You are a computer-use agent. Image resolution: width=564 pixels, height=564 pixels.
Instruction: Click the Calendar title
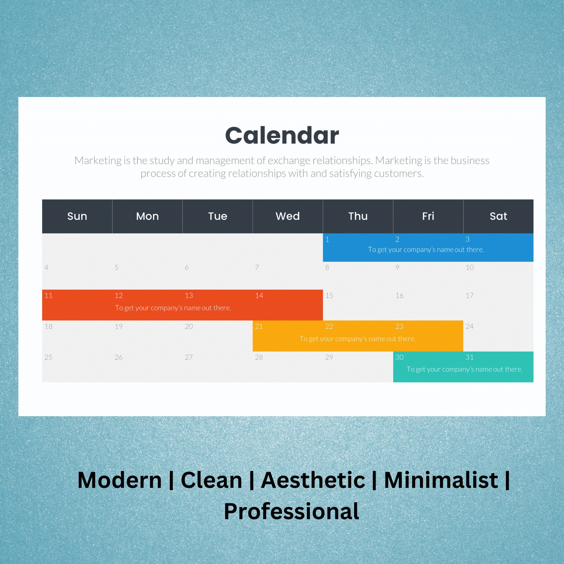click(x=282, y=135)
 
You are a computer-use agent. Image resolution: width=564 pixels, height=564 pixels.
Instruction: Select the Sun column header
click(x=77, y=216)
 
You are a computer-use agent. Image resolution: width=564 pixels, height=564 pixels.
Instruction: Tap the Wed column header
click(x=288, y=216)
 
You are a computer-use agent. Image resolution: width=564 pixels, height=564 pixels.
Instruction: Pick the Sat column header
click(x=498, y=216)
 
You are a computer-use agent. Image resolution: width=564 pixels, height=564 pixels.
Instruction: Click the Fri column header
click(x=428, y=216)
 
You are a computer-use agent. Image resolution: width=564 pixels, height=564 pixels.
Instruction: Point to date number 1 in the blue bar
click(x=327, y=239)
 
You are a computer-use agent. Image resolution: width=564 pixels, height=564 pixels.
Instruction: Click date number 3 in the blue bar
click(x=467, y=239)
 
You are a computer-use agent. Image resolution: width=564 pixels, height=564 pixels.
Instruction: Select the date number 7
click(x=257, y=267)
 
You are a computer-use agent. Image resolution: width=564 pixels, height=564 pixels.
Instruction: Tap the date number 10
click(x=470, y=267)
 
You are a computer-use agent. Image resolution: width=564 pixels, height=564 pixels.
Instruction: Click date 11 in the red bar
click(x=49, y=296)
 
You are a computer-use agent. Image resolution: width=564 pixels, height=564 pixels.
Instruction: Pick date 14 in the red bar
click(x=259, y=296)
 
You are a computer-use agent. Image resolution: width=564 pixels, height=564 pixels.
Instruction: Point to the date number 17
click(x=470, y=296)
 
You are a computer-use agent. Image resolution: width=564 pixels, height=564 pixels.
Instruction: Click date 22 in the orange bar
click(x=329, y=326)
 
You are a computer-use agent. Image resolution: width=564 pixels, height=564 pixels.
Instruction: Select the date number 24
click(x=470, y=326)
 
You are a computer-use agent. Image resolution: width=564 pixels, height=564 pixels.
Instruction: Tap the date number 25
click(x=49, y=357)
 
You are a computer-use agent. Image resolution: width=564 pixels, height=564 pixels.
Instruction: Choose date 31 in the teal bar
click(x=470, y=357)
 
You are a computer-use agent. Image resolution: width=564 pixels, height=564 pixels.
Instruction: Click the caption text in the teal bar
click(x=464, y=369)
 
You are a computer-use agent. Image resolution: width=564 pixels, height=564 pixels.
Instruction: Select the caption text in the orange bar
click(x=357, y=339)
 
